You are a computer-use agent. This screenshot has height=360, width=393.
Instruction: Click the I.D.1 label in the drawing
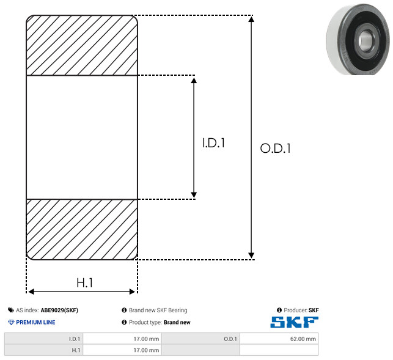pyautogui.click(x=213, y=143)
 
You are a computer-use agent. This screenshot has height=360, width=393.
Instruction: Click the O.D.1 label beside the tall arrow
pyautogui.click(x=275, y=148)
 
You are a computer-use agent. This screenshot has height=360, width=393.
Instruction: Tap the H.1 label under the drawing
pyautogui.click(x=85, y=283)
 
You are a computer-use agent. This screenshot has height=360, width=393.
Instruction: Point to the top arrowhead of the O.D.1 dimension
pyautogui.click(x=251, y=19)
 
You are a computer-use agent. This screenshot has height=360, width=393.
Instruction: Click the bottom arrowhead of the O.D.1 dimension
pyautogui.click(x=251, y=255)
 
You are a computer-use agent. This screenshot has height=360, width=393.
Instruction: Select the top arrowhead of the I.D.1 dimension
pyautogui.click(x=194, y=80)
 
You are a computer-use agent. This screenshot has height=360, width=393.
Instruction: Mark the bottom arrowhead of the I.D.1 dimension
pyautogui.click(x=194, y=194)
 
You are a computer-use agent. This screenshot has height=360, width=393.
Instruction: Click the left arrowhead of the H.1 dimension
pyautogui.click(x=31, y=292)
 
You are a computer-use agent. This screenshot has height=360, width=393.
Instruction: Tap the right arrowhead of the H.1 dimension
pyautogui.click(x=132, y=292)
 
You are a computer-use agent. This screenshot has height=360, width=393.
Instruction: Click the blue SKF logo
pyautogui.click(x=294, y=322)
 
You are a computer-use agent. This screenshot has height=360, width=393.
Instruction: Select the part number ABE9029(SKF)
pyautogui.click(x=59, y=310)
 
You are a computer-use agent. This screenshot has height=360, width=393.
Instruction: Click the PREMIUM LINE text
pyautogui.click(x=35, y=322)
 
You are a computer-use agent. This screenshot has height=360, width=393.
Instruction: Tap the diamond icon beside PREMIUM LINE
pyautogui.click(x=11, y=322)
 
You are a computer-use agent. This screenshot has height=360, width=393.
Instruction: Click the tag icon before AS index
pyautogui.click(x=11, y=310)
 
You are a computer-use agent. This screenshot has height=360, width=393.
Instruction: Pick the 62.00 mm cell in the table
pyautogui.click(x=303, y=339)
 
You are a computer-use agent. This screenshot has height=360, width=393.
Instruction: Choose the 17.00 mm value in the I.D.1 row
pyautogui.click(x=146, y=339)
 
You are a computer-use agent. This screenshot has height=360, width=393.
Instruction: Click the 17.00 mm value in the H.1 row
pyautogui.click(x=146, y=350)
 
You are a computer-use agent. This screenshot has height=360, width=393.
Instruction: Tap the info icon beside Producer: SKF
pyautogui.click(x=279, y=310)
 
